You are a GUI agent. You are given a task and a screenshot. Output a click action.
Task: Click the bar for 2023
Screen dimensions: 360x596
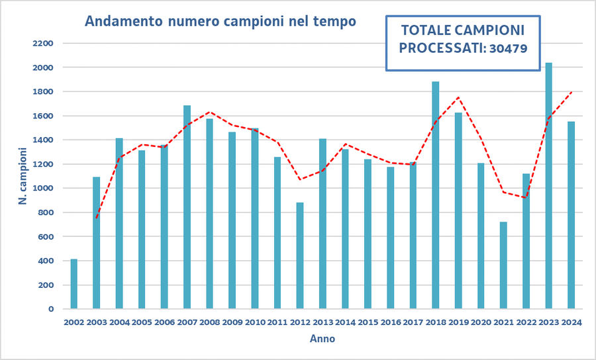click(548, 186)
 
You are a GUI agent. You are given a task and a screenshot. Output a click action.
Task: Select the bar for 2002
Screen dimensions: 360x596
click(74, 284)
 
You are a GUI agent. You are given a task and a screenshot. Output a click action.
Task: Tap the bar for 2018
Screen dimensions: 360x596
click(436, 195)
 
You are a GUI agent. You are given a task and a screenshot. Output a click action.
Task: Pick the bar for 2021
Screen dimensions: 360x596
click(503, 265)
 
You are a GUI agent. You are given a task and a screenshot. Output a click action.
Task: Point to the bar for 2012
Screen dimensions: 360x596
click(300, 255)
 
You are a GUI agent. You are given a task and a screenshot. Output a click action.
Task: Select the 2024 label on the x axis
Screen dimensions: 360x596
click(571, 322)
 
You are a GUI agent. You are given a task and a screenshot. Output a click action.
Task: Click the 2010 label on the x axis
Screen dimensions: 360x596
click(255, 322)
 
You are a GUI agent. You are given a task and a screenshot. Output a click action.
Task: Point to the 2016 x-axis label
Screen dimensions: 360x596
click(391, 322)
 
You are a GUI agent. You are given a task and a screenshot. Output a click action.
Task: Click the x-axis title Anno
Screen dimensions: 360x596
click(323, 339)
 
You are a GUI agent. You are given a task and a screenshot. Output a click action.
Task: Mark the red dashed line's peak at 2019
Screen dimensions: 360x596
click(459, 97)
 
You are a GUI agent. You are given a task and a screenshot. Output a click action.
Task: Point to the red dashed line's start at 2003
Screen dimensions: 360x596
click(97, 218)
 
